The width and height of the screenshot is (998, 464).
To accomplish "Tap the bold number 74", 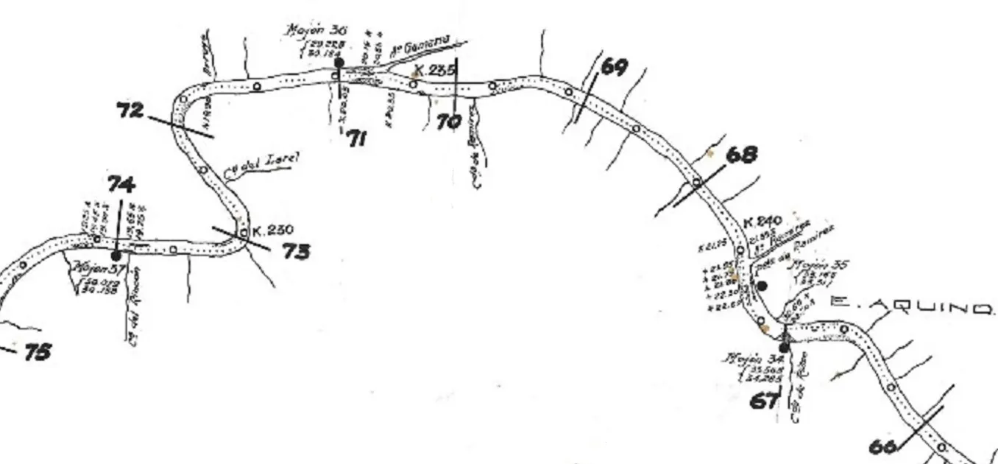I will pos(120,184).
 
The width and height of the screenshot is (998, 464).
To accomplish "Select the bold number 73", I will pos(294,251).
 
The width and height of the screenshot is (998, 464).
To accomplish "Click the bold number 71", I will pos(356,138).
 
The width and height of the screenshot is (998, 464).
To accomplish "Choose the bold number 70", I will pos(448,122).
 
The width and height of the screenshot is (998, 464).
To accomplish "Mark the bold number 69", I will pos(615,67).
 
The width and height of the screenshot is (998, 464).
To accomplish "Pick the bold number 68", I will pos(741,155).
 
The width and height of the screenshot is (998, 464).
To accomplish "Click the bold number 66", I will pos(882,446).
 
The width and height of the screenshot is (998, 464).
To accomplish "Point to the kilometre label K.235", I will pos(434,71).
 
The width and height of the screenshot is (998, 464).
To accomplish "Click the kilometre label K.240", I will pos(762,221).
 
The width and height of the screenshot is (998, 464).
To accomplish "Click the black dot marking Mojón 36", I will pos(338,63).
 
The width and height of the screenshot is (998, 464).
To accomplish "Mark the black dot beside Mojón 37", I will pos(116,255).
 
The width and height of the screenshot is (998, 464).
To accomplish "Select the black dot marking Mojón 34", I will pos(785,347).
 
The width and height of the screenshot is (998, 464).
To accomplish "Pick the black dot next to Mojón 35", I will pos(762,285).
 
